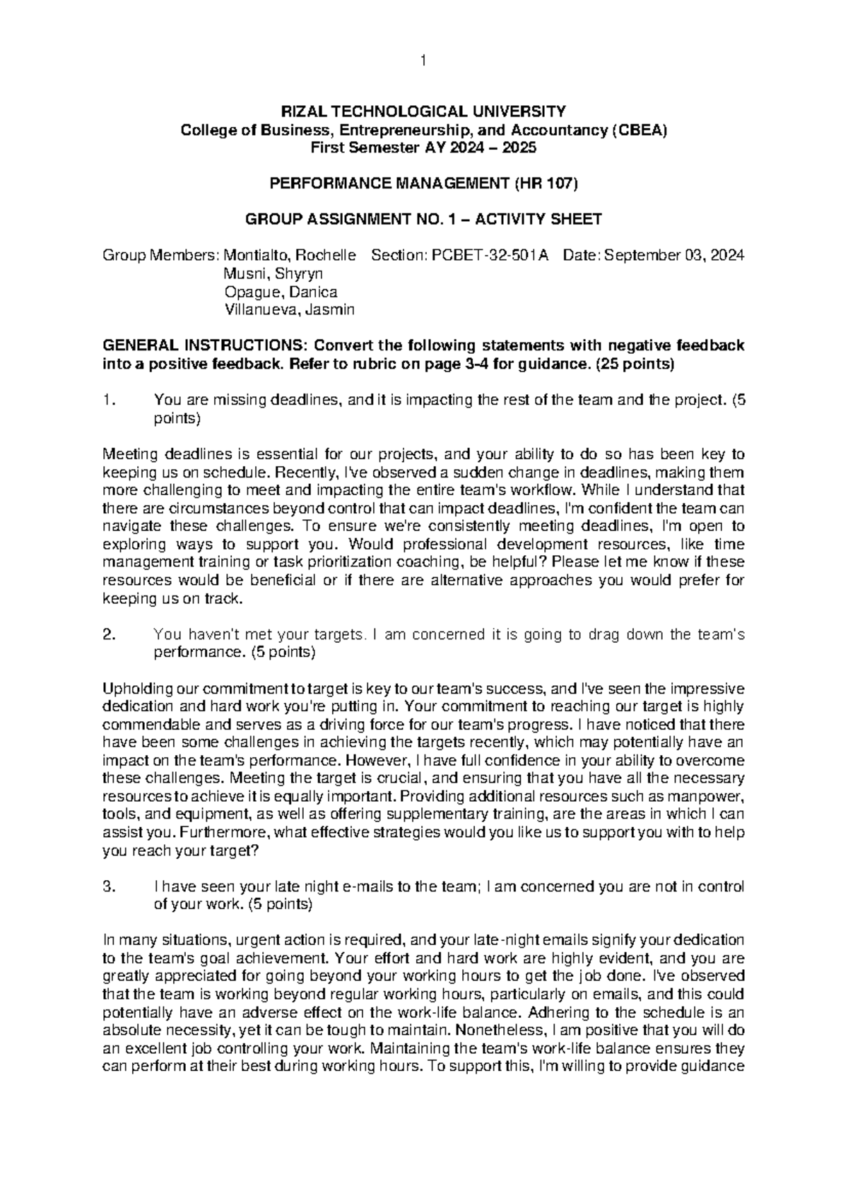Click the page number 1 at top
(x=423, y=61)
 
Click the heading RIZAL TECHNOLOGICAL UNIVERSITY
(x=423, y=112)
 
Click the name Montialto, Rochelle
(x=290, y=256)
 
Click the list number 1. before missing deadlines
(x=107, y=401)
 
